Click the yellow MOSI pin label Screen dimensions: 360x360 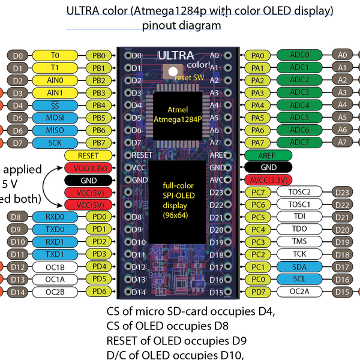click(x=55, y=118)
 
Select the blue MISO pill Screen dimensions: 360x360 click(x=55, y=130)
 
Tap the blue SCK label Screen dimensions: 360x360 click(x=55, y=143)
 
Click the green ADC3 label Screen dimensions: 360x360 click(x=299, y=92)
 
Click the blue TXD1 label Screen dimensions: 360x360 click(x=55, y=254)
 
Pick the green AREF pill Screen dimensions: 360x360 click(x=269, y=155)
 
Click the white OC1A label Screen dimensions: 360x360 click(x=55, y=280)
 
